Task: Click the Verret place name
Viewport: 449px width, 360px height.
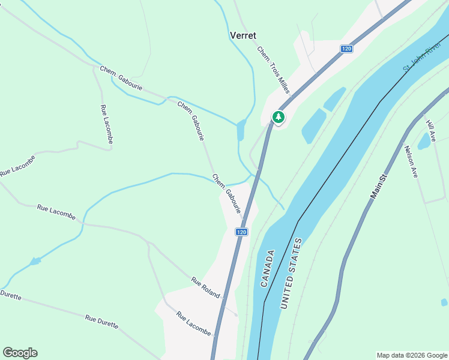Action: (243, 35)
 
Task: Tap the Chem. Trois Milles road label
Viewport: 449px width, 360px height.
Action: (273, 70)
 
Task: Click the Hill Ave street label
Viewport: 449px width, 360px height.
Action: (430, 130)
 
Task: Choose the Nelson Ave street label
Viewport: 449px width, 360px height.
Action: (411, 162)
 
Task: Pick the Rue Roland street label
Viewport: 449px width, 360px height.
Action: (205, 288)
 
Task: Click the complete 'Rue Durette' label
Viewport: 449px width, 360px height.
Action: (101, 322)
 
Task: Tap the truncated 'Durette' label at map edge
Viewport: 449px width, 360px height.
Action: (11, 295)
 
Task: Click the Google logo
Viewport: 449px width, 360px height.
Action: (20, 353)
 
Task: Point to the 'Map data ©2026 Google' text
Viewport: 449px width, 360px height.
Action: (412, 355)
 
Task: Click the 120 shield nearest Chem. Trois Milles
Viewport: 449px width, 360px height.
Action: (346, 49)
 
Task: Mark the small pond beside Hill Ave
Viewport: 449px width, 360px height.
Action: (424, 141)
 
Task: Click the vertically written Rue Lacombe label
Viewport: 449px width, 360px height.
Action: (107, 124)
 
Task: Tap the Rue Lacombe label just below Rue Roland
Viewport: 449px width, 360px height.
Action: (193, 323)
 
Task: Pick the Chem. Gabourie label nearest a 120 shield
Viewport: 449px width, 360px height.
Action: (226, 193)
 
